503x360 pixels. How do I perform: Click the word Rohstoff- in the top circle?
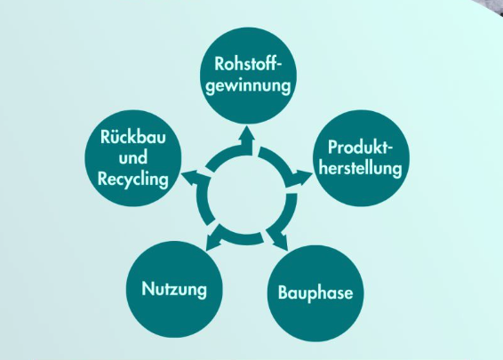point(248,63)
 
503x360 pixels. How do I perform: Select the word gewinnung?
point(248,86)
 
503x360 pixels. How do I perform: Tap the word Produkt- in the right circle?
point(361,148)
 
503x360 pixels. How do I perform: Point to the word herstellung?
point(361,168)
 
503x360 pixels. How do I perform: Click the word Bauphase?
point(315,293)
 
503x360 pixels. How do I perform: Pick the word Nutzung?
point(174,289)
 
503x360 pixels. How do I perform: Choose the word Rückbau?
point(132,137)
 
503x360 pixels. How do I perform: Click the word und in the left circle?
point(132,158)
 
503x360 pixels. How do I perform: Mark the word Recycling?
point(132,179)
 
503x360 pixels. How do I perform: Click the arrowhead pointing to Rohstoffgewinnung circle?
point(247,133)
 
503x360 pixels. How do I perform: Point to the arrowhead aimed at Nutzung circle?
point(212,242)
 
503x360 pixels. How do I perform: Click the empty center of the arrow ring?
point(246,195)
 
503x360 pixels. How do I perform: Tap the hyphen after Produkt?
point(390,149)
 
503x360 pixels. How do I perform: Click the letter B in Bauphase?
point(283,292)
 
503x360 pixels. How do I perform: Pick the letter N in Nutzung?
point(148,289)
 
